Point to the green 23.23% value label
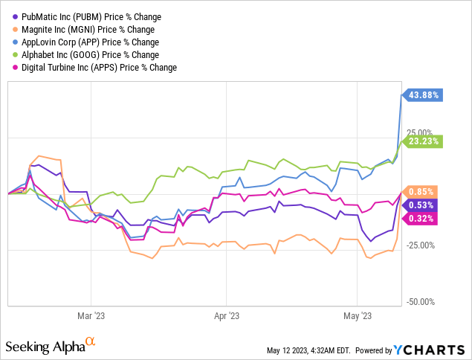coord(424,141)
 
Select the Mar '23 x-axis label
coord(90,315)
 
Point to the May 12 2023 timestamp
coord(309,350)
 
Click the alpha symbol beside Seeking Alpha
coord(91,342)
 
